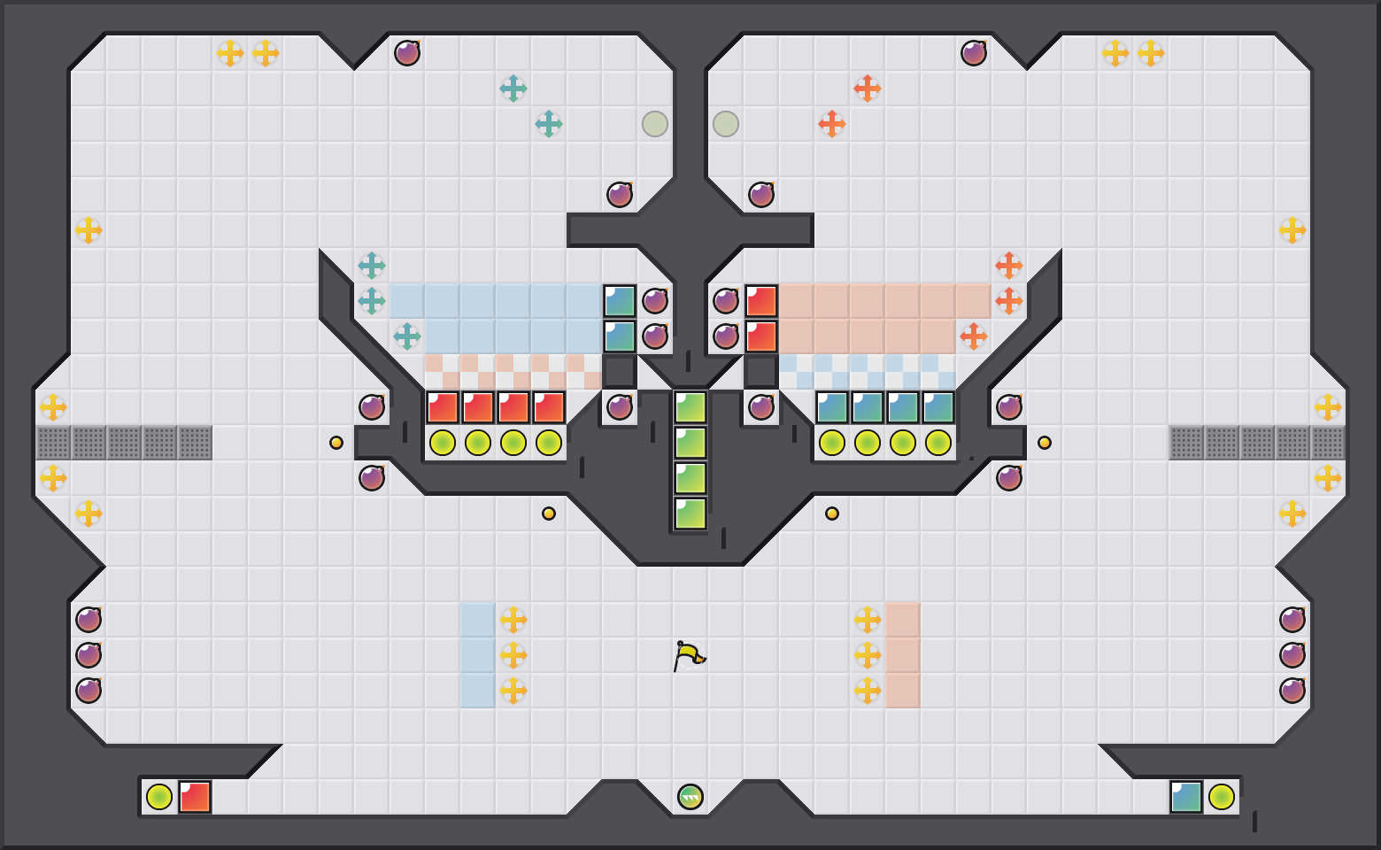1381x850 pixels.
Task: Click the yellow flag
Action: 689,656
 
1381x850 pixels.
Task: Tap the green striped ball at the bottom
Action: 690,797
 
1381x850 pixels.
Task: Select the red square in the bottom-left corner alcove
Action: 195,797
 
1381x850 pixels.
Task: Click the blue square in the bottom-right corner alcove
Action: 1186,797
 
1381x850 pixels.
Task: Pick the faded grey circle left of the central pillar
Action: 655,124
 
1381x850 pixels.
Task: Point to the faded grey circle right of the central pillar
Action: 726,124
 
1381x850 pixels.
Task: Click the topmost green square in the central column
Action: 690,407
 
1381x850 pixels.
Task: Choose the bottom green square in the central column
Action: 690,514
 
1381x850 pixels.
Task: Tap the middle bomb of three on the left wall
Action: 89,655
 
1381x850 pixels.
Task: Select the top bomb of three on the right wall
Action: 1292,620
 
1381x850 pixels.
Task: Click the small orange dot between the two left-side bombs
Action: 336,443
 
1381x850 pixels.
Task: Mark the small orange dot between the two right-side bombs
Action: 1045,443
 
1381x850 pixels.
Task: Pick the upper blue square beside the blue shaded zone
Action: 620,301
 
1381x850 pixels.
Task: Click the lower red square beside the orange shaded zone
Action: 761,336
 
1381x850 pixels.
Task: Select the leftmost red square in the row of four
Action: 443,407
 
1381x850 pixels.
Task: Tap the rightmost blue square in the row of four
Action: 938,407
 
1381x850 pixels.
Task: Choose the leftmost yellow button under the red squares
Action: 443,443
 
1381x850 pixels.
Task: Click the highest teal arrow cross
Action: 513,89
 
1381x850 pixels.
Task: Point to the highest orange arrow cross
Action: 868,89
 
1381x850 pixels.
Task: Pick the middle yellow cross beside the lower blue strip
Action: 513,655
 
